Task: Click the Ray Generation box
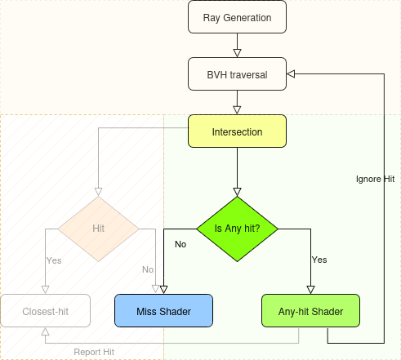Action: (237, 17)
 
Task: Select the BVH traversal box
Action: (237, 74)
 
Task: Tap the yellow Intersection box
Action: (237, 131)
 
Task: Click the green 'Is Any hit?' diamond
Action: (237, 229)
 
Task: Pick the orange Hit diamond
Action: (99, 229)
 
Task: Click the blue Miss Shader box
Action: (163, 311)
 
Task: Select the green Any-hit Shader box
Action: (310, 311)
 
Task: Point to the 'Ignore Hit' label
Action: (375, 178)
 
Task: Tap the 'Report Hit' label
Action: (94, 352)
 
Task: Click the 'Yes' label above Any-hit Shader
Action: (319, 260)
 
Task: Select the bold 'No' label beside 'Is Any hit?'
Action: (180, 243)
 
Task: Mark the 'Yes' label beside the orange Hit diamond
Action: (54, 260)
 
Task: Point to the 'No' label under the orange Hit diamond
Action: (148, 269)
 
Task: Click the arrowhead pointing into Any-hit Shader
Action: (310, 289)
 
